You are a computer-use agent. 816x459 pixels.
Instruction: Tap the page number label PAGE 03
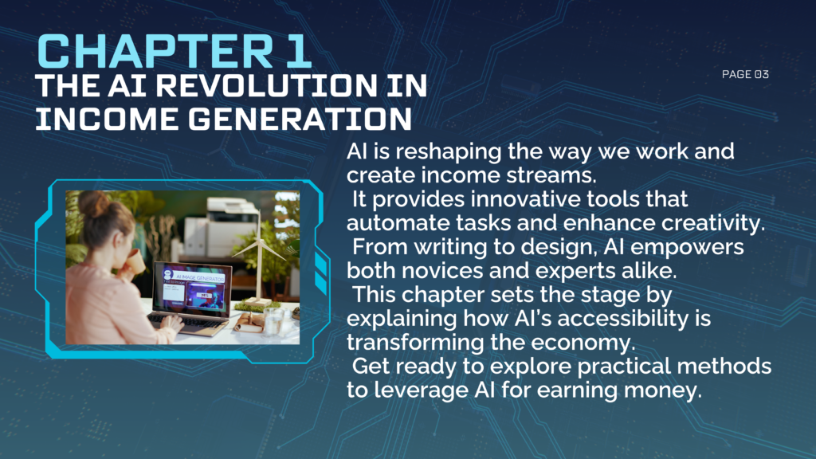click(745, 75)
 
